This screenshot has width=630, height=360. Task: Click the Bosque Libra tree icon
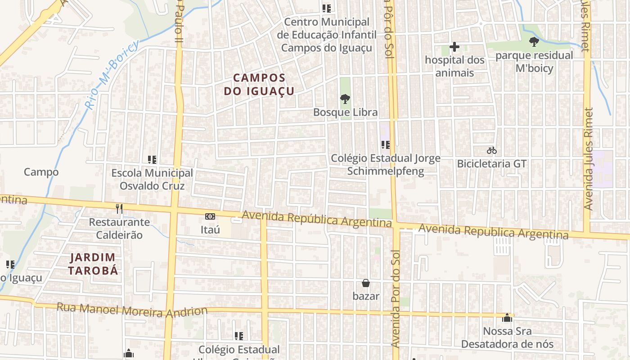345,99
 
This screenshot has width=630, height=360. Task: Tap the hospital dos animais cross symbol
454,46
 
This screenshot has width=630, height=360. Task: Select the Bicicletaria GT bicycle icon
491,150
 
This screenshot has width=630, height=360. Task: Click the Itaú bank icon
210,216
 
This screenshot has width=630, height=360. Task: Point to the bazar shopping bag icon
366,283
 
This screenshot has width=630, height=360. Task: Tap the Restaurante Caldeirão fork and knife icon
119,208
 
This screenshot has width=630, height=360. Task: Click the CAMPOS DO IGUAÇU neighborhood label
260,85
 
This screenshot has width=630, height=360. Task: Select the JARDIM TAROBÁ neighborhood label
93,264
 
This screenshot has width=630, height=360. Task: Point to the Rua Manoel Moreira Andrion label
132,310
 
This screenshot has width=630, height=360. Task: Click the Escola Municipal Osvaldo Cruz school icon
152,159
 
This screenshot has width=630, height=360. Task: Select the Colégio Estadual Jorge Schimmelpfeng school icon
385,144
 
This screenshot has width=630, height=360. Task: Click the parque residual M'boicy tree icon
534,42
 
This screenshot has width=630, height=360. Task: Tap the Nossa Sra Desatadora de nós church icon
507,318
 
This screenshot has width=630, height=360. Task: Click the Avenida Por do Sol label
395,298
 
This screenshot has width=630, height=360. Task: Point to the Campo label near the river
41,172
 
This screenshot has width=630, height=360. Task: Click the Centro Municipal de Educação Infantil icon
327,8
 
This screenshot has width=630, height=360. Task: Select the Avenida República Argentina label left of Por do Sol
317,219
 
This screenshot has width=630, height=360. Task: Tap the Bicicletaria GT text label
491,164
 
